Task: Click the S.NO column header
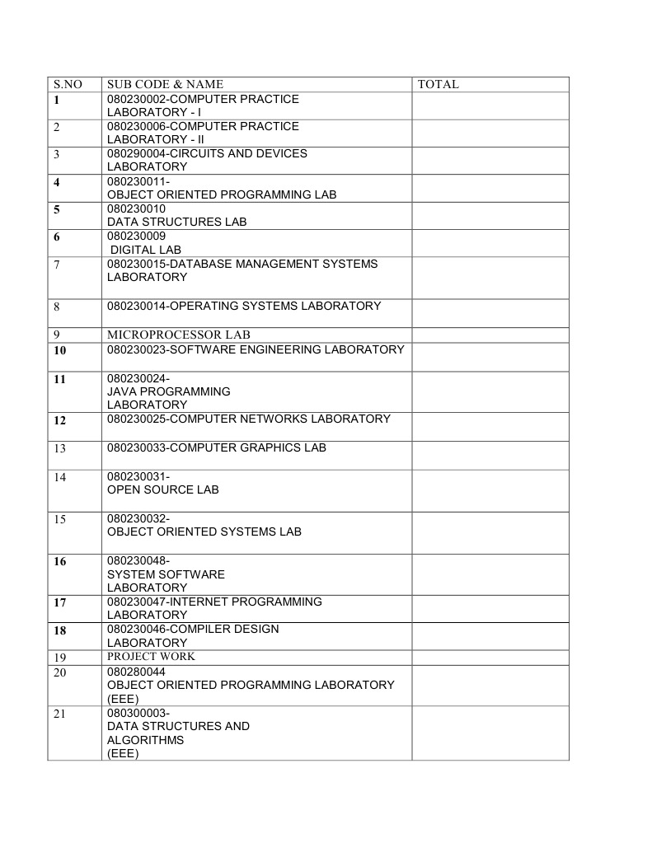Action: click(x=68, y=84)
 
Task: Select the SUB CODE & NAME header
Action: click(x=165, y=84)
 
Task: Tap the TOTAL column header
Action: click(x=438, y=84)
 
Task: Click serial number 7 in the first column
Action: click(x=57, y=265)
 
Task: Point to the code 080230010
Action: click(x=136, y=208)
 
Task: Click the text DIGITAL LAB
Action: click(x=146, y=250)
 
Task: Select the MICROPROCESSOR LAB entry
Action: click(x=178, y=335)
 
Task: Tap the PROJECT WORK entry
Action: click(x=151, y=657)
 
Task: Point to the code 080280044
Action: click(x=136, y=672)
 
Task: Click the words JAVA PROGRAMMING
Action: click(x=169, y=391)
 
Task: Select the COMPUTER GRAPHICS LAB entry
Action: click(x=217, y=447)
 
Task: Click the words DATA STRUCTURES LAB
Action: click(x=177, y=222)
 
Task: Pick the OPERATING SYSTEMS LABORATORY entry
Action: click(x=244, y=306)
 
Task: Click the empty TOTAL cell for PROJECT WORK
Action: click(x=490, y=657)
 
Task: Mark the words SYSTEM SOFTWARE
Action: click(x=166, y=574)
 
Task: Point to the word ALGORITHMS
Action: click(x=145, y=740)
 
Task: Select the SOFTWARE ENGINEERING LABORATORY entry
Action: click(x=256, y=349)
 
